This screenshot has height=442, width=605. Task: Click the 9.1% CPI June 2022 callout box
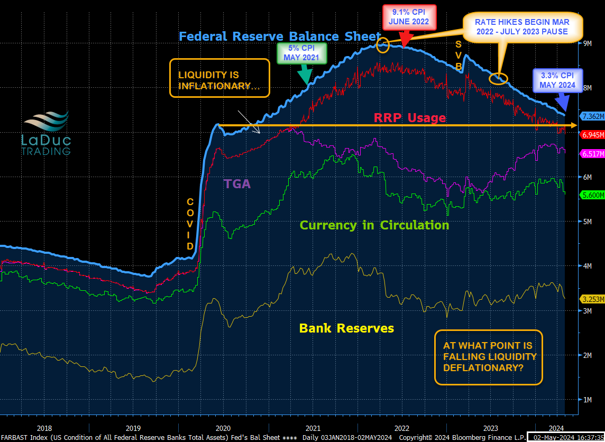(x=409, y=17)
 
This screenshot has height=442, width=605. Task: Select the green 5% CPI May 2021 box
(x=302, y=52)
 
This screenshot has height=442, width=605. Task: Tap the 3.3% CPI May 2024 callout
(x=557, y=80)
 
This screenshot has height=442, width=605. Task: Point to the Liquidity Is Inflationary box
(x=219, y=78)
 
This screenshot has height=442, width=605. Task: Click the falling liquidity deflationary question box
(x=488, y=357)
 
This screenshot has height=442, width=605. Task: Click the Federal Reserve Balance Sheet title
(x=279, y=36)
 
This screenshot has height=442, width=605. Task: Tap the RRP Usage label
(x=410, y=118)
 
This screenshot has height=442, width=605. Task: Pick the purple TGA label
(x=237, y=184)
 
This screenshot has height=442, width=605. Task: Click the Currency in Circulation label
(x=374, y=225)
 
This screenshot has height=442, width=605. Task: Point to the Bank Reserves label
(x=346, y=328)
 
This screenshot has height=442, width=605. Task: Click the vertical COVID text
(x=190, y=224)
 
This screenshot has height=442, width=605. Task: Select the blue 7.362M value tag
(x=592, y=116)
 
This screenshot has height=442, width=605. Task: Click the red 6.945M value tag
(x=592, y=135)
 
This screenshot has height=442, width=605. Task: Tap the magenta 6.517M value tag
(x=592, y=154)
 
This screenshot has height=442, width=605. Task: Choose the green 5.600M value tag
(x=592, y=195)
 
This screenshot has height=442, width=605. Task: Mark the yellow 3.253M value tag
(x=592, y=299)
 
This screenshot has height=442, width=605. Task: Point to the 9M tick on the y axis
(x=586, y=44)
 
